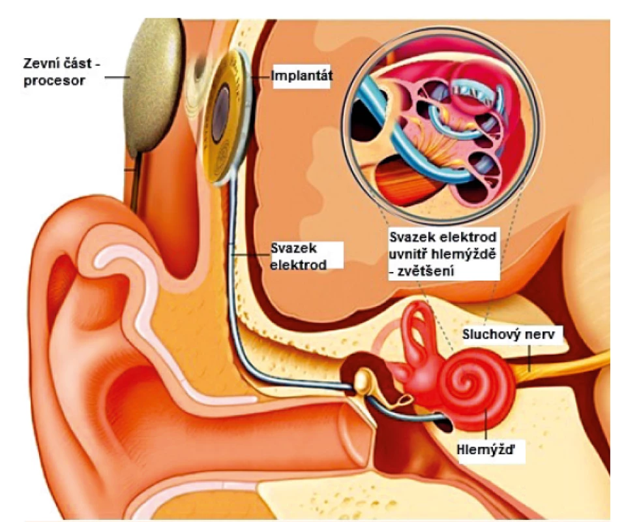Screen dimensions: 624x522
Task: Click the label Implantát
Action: (301, 75)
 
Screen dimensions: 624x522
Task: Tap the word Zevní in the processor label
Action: (40, 64)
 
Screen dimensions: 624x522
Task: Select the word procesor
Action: (54, 81)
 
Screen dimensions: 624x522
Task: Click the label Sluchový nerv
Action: (508, 333)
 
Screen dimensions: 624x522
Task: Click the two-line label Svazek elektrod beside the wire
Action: (298, 256)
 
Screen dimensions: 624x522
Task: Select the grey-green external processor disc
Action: (153, 87)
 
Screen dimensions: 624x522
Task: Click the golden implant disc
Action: (226, 115)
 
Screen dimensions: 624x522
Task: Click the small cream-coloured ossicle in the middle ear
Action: (363, 380)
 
